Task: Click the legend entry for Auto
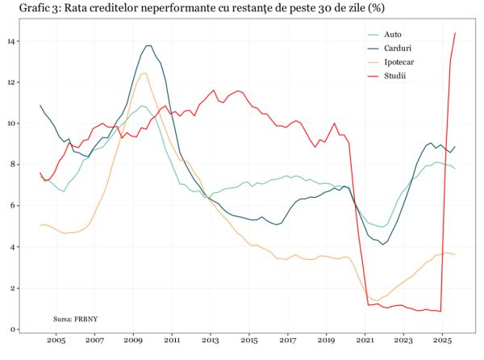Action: pyautogui.click(x=393, y=35)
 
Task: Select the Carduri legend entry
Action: pyautogui.click(x=398, y=48)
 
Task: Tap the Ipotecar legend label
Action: pyautogui.click(x=399, y=62)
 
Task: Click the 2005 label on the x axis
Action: pyautogui.click(x=56, y=341)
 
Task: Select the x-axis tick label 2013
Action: pyautogui.click(x=211, y=341)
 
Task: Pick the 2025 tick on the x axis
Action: pyautogui.click(x=443, y=341)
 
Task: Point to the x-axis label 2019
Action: pyautogui.click(x=327, y=341)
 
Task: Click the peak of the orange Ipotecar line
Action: pyautogui.click(x=144, y=73)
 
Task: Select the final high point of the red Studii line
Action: pyautogui.click(x=456, y=33)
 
